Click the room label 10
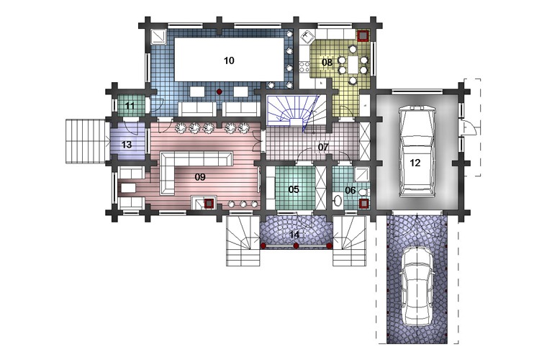tap(229, 60)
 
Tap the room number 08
tap(327, 63)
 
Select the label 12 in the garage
tap(415, 163)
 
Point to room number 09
tap(200, 177)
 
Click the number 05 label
tap(294, 189)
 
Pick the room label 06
tap(350, 191)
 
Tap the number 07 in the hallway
tap(323, 147)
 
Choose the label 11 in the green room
tap(130, 105)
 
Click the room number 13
tap(127, 145)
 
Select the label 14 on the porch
tap(294, 235)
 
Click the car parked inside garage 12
tap(417, 152)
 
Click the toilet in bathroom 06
tap(363, 192)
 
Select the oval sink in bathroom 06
tap(338, 200)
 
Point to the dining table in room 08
tap(353, 65)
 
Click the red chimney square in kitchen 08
tap(363, 35)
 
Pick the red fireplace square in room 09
tap(209, 203)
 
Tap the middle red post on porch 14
tap(297, 246)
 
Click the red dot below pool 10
tap(219, 91)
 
